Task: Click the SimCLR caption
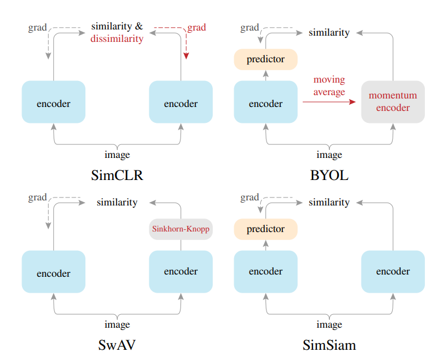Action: coord(117,175)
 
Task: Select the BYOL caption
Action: coord(329,175)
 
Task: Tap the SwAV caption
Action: coord(117,345)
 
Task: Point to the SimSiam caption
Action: coord(329,345)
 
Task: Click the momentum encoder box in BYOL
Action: coord(393,102)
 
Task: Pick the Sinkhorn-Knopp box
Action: coord(180,229)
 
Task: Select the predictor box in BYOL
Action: coord(265,59)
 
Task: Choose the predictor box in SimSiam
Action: coord(265,229)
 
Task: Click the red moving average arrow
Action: coord(329,102)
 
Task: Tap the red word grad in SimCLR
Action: coord(196,27)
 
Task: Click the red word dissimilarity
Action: coord(117,39)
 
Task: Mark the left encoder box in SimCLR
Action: coord(53,102)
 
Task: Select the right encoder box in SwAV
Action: coord(180,272)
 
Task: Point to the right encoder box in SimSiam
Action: coord(393,272)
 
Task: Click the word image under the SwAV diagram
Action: coord(117,324)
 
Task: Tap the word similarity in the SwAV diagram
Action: coord(117,202)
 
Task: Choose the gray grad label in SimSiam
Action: coord(250,198)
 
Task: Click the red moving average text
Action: coord(329,85)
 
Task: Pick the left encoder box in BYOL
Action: coord(265,102)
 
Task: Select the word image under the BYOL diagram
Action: coord(329,155)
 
